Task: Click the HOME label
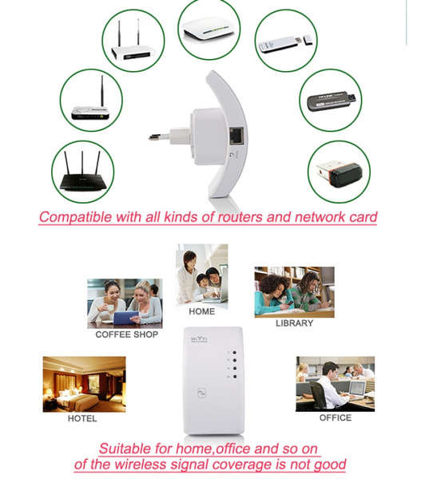point(202,311)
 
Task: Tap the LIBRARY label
point(294,323)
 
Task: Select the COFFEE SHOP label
point(126,335)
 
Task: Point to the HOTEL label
point(82,418)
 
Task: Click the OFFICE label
point(336,418)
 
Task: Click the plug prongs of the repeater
point(159,137)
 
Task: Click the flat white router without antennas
point(209,31)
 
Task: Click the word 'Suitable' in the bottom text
point(125,449)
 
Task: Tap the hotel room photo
point(84,384)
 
